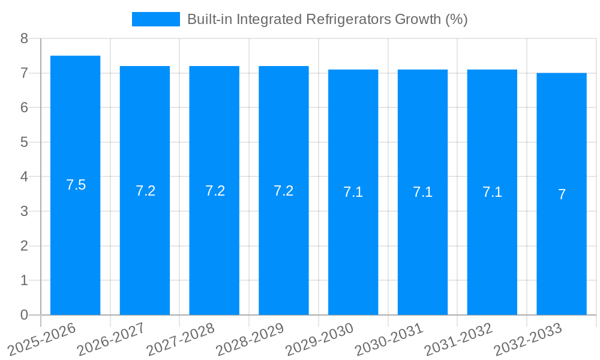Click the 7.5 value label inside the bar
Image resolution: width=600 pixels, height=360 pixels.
[x=76, y=185]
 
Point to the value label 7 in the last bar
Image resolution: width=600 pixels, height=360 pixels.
[x=562, y=194]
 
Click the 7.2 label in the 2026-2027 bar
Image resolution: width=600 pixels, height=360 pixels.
[x=145, y=191]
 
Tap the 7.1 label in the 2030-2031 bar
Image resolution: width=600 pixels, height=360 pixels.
[x=422, y=193]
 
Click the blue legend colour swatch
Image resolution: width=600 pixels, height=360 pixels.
[x=155, y=19]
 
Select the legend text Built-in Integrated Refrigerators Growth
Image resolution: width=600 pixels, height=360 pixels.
[x=327, y=19]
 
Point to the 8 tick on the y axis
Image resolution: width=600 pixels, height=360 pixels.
[x=24, y=38]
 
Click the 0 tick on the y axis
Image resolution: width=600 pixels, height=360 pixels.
[x=24, y=315]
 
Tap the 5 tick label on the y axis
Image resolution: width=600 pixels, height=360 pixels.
[x=24, y=142]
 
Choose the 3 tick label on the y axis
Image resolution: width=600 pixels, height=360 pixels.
[x=24, y=211]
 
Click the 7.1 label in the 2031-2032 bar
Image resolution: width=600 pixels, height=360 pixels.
[x=492, y=193]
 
